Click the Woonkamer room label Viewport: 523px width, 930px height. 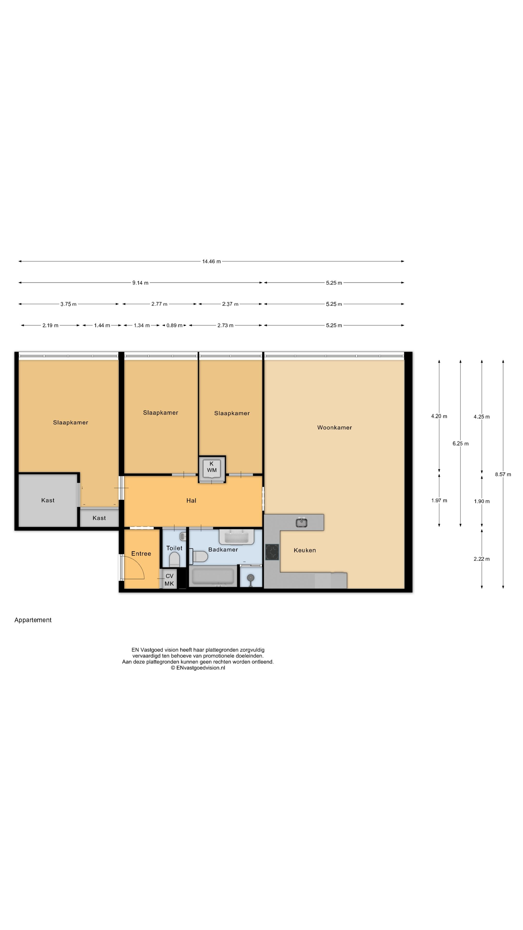pyautogui.click(x=334, y=427)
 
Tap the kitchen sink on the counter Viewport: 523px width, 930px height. pyautogui.click(x=301, y=522)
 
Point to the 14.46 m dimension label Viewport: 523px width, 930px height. pyautogui.click(x=211, y=261)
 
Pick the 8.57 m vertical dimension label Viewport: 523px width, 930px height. pyautogui.click(x=503, y=474)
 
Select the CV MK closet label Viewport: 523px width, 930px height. pyautogui.click(x=169, y=580)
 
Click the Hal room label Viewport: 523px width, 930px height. pyautogui.click(x=191, y=500)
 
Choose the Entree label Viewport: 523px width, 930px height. pyautogui.click(x=141, y=553)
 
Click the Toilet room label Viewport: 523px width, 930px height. pyautogui.click(x=174, y=548)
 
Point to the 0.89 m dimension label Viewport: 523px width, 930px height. pyautogui.click(x=174, y=325)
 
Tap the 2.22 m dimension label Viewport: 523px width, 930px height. pyautogui.click(x=482, y=559)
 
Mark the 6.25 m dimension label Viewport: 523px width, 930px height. pyautogui.click(x=460, y=443)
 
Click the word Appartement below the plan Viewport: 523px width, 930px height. pyautogui.click(x=33, y=620)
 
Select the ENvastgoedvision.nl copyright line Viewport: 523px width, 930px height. pyautogui.click(x=198, y=667)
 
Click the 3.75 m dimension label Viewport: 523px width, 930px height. pyautogui.click(x=68, y=304)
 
